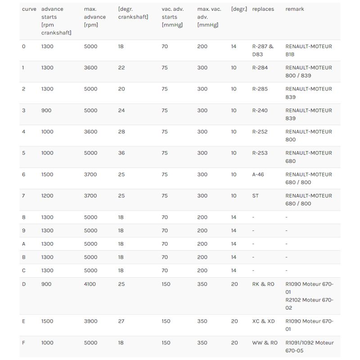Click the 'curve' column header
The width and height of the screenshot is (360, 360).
[x=29, y=9]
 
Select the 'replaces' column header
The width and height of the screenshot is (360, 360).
[x=263, y=9]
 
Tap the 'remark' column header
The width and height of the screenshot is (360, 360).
[x=294, y=9]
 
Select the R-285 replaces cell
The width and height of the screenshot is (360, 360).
[x=260, y=89]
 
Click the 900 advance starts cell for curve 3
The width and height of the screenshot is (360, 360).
[x=46, y=110]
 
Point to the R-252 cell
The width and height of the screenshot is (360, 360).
[x=260, y=131]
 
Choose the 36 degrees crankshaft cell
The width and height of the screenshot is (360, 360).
[x=121, y=153]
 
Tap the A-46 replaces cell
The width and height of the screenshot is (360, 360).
[x=258, y=174]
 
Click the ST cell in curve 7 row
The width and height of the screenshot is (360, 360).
[x=256, y=196]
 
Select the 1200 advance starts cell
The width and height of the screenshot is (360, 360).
[x=47, y=196]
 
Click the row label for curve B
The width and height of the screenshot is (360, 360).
[x=24, y=257]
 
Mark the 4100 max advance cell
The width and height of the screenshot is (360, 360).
[x=90, y=284]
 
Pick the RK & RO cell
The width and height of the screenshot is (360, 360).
[x=263, y=284]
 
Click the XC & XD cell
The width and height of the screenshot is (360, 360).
[x=263, y=321]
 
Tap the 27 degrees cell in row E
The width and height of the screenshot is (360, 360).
[x=121, y=321]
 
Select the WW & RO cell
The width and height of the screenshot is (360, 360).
[x=265, y=342]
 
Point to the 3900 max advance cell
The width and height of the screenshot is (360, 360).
[x=90, y=321]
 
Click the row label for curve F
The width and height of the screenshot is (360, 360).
[x=23, y=342]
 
